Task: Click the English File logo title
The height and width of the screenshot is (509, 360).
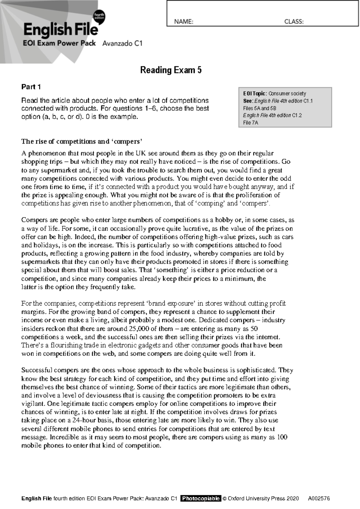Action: (x=61, y=30)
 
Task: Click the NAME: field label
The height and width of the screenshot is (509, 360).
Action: (x=183, y=22)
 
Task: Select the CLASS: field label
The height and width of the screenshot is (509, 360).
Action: (x=294, y=22)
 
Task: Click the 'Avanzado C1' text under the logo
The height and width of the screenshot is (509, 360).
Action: (x=122, y=43)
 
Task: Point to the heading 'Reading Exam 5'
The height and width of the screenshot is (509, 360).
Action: (x=171, y=70)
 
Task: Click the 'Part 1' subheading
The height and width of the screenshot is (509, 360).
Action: (x=31, y=87)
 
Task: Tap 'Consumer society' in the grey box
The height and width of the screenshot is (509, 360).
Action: (x=287, y=94)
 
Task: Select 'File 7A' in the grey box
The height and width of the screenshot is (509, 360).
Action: (x=250, y=123)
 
